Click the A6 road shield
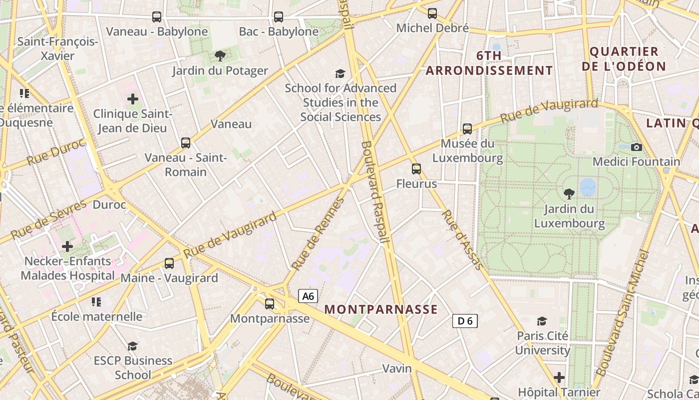[309, 296]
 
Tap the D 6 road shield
[465, 321]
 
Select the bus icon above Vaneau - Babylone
[157, 17]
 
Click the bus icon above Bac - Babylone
[279, 17]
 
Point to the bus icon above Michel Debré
[432, 13]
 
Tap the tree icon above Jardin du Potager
[220, 55]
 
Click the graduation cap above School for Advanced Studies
[340, 73]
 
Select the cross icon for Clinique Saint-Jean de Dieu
[132, 99]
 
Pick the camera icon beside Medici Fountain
[636, 147]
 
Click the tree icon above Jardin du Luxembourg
[569, 193]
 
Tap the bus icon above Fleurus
[416, 169]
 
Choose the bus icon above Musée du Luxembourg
[467, 129]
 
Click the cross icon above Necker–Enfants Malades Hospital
[67, 246]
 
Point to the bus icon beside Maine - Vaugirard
[169, 263]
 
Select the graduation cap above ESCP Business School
[132, 345]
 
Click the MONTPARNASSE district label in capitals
[381, 309]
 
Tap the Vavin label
[397, 369]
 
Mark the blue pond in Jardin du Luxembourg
[588, 187]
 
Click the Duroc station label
[109, 205]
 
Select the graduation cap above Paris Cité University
[542, 321]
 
